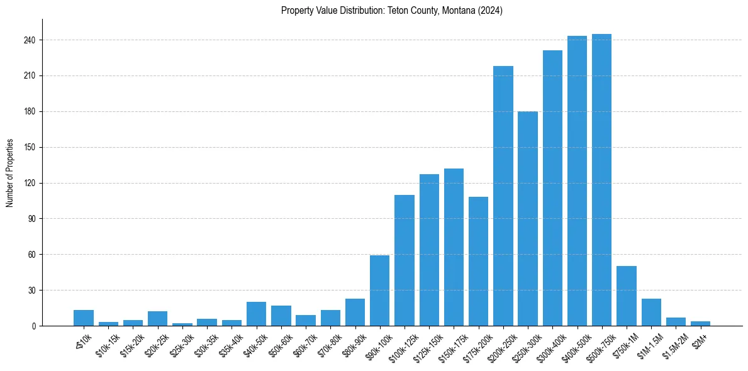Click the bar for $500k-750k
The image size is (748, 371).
[601, 180]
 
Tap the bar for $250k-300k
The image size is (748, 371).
[528, 218]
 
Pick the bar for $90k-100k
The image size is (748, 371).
[379, 291]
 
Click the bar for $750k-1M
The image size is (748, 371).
[626, 296]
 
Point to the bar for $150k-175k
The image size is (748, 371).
[454, 247]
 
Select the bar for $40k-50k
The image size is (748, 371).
[256, 314]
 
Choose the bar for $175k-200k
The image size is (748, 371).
[478, 261]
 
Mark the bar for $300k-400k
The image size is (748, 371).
[552, 188]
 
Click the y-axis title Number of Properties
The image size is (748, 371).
[9, 173]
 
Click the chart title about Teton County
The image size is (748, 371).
[391, 11]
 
